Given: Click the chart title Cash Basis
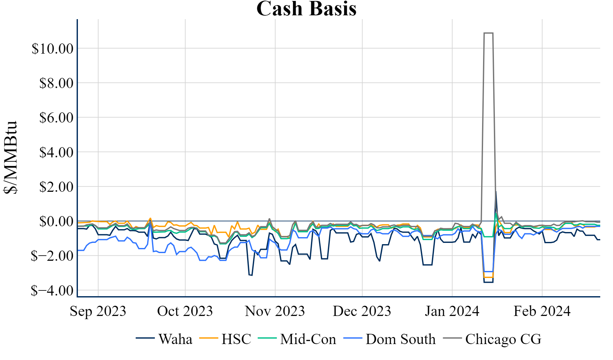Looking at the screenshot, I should point(306,9).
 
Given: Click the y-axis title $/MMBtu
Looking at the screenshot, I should point(10,157).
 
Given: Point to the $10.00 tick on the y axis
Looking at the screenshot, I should point(52,49).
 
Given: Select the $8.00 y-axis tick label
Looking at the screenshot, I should point(56,83).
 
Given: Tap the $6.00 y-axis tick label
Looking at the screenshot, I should point(56,118).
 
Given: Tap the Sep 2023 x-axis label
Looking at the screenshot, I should point(98,311).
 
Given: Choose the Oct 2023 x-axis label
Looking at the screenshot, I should point(185,311).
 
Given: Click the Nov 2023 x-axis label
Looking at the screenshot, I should point(275,311).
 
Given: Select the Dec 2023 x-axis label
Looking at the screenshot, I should point(362,311).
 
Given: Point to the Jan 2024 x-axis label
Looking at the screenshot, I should point(452,311).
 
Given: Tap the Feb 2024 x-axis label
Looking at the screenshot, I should point(542,311).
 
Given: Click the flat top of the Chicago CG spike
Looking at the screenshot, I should point(488,33).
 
